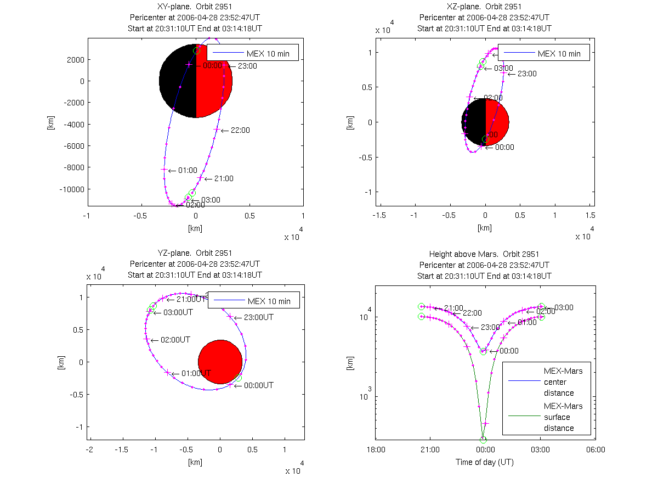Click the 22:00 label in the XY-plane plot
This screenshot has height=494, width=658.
pyautogui.click(x=240, y=130)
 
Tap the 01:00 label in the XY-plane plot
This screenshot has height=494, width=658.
pyautogui.click(x=188, y=170)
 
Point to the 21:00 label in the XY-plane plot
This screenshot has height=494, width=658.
pyautogui.click(x=224, y=178)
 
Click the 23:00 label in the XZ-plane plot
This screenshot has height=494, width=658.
pyautogui.click(x=527, y=74)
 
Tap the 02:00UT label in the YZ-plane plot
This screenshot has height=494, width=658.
pyautogui.click(x=175, y=340)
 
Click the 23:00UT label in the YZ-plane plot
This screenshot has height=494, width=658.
pyautogui.click(x=258, y=317)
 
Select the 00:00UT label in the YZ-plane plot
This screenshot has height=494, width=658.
pyautogui.click(x=259, y=385)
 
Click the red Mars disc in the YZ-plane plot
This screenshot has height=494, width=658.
pyautogui.click(x=220, y=362)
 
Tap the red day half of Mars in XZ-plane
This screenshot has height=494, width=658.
pyautogui.click(x=497, y=122)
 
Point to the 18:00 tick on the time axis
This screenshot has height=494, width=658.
pyautogui.click(x=376, y=450)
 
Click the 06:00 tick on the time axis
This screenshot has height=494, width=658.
pyautogui.click(x=595, y=450)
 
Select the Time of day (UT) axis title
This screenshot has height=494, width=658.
pyautogui.click(x=485, y=462)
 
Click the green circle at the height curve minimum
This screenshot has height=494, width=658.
pyautogui.click(x=483, y=439)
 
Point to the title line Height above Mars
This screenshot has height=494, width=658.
pyautogui.click(x=484, y=254)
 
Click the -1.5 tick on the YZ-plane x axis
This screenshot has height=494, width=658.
pyautogui.click(x=122, y=450)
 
